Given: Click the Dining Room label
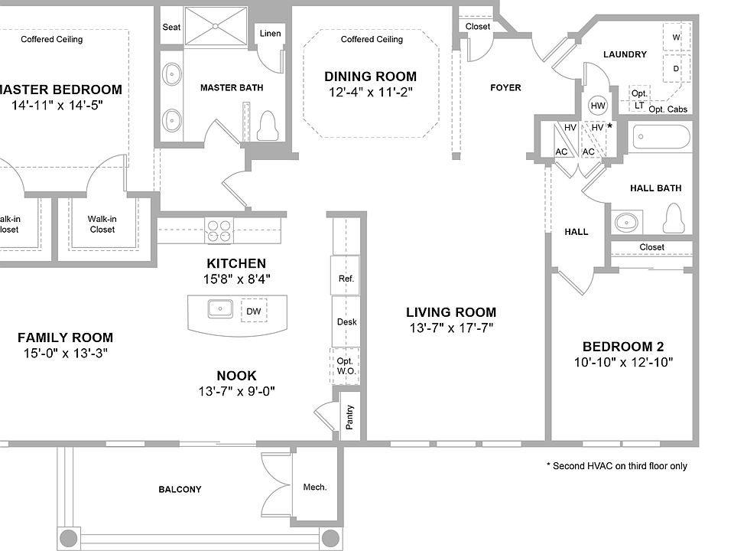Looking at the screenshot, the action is tap(370, 77).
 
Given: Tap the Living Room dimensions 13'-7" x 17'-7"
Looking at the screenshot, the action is tap(451, 328).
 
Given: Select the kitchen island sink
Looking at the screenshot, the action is tap(220, 308).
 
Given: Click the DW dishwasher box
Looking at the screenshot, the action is tap(254, 311).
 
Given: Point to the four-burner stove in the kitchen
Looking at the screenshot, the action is tap(219, 230).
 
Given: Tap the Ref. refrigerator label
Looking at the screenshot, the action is tap(346, 279).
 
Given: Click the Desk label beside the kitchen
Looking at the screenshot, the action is tap(347, 322).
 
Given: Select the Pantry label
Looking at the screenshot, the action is tap(349, 417).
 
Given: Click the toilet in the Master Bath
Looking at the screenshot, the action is tap(268, 126).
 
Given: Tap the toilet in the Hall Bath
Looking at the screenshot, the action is tap(674, 218).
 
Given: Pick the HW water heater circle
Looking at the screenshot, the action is tap(598, 106).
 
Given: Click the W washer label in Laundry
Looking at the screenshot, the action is tap(676, 37).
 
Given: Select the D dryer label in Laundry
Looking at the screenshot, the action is tap(676, 68).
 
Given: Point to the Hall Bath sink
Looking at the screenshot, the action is tap(626, 221).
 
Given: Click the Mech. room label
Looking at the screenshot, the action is tap(314, 487).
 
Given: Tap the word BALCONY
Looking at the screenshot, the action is tap(180, 490).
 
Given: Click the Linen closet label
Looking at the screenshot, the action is tap(270, 33).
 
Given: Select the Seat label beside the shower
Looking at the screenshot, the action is tap(171, 28).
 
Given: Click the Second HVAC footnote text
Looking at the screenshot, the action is tap(617, 466).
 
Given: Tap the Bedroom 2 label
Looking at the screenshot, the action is tap(623, 347).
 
